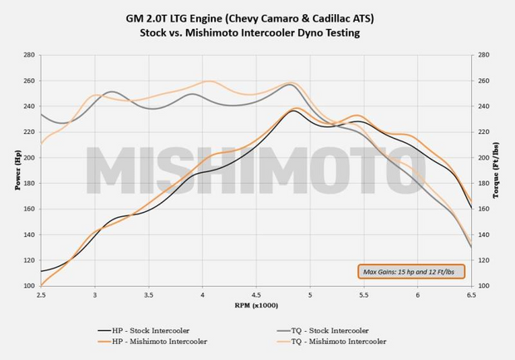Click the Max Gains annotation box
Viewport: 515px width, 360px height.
pos(410,270)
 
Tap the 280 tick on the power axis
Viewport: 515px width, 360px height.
pos(30,55)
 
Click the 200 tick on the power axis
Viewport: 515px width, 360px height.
pos(30,158)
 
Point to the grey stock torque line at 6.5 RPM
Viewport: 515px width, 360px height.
pos(471,247)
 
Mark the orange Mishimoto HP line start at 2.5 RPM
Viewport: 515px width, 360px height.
pos(42,285)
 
